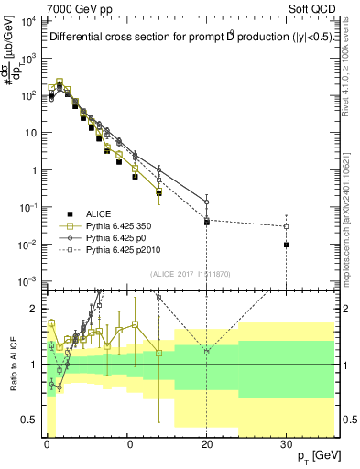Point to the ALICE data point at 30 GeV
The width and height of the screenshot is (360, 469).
point(287,245)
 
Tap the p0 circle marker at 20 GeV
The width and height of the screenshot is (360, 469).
point(207,202)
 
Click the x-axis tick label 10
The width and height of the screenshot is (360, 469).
point(126,443)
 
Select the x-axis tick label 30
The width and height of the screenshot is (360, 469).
point(287,443)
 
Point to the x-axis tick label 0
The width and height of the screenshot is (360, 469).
point(47,443)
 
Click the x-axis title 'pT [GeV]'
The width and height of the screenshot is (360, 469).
point(311,455)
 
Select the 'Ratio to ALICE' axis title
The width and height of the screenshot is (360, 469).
point(14,364)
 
